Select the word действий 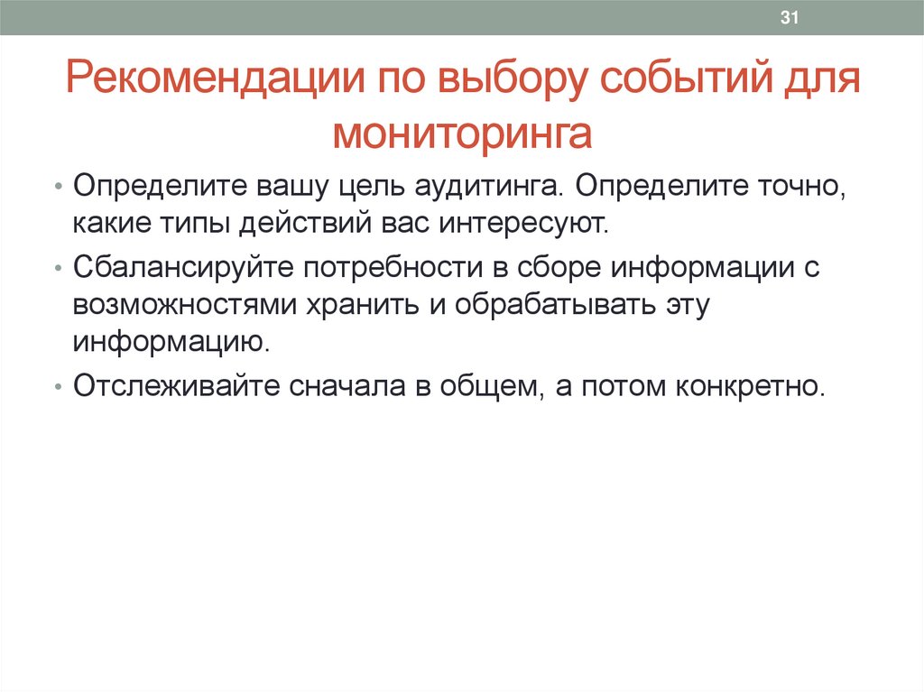point(298,222)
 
